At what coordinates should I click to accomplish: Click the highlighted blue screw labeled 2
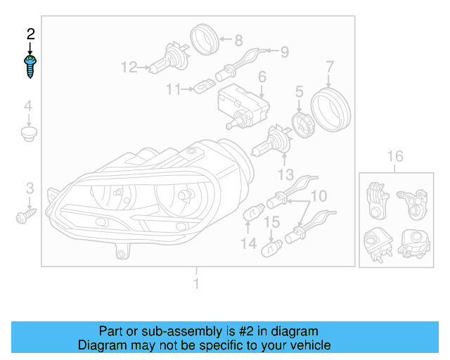[x=30, y=67]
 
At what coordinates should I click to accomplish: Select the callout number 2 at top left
[x=30, y=34]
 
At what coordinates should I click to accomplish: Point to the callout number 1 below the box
[x=196, y=283]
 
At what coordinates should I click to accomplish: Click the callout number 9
[x=285, y=51]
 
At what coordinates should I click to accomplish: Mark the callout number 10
[x=319, y=195]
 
